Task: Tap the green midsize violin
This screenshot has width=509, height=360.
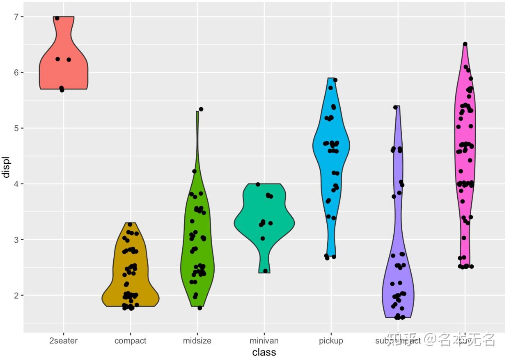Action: [197, 246]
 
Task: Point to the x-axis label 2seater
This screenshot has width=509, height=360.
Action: [64, 341]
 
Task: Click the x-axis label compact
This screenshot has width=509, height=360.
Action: [130, 341]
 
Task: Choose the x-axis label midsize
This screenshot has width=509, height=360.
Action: [197, 341]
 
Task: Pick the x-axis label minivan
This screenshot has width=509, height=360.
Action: [264, 341]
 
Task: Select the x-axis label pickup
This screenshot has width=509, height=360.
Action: [331, 341]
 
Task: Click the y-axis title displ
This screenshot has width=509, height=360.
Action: [6, 167]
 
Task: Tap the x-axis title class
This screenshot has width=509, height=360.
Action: [264, 352]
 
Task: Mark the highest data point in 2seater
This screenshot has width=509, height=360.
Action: [57, 18]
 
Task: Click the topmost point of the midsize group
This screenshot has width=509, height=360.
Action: [201, 109]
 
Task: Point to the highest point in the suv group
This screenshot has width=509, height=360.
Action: [465, 44]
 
